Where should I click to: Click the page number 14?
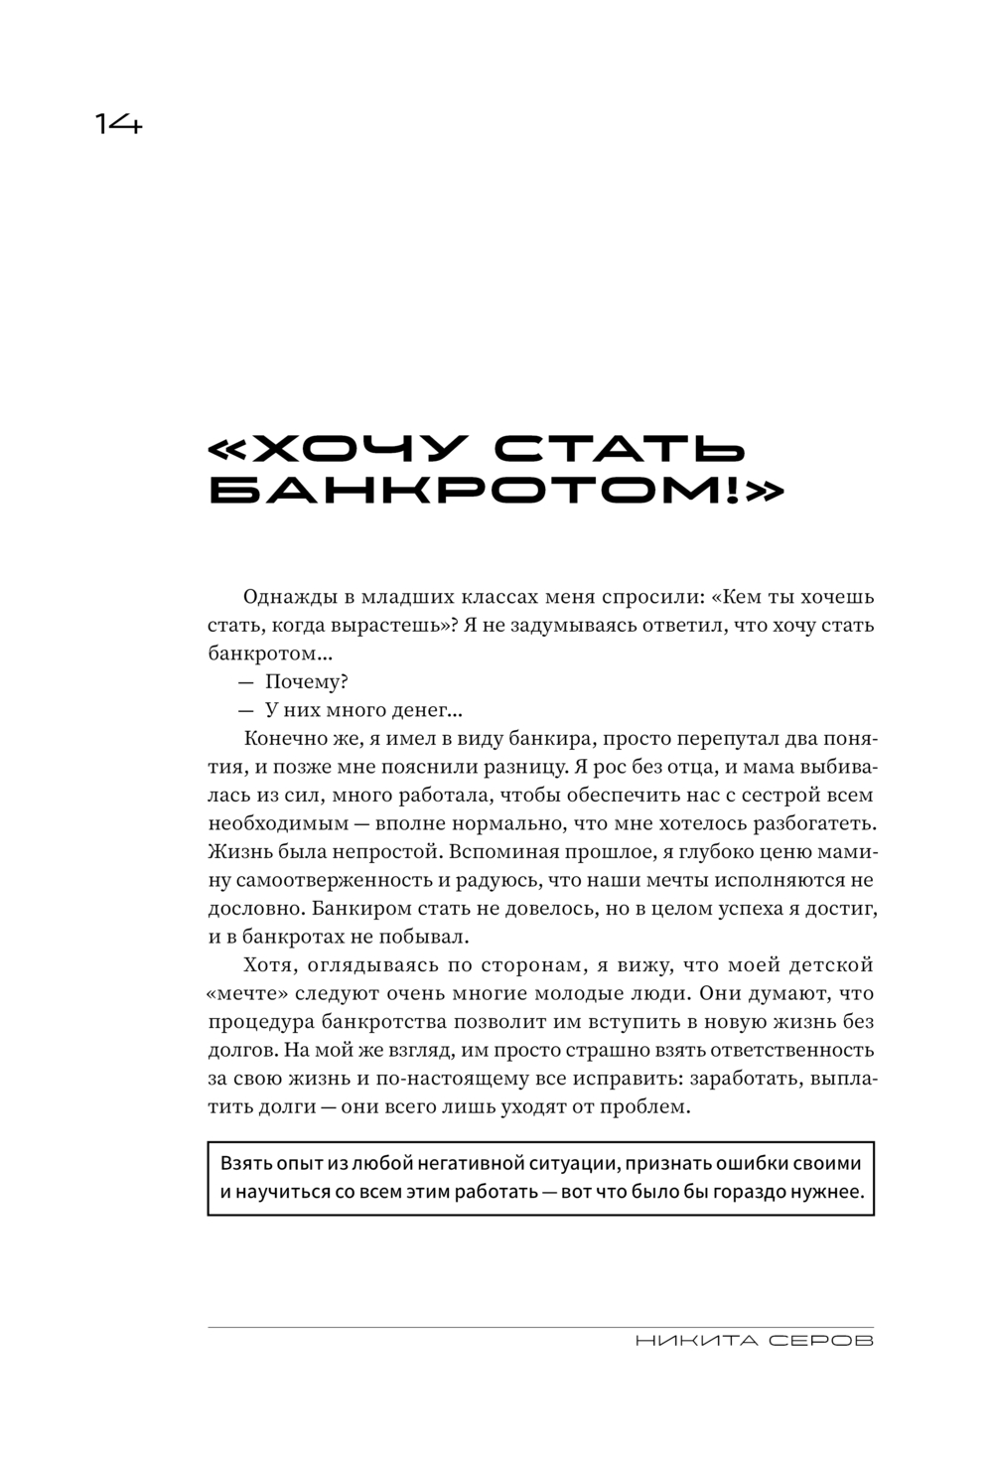click(x=119, y=124)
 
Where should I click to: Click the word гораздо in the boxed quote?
click(x=762, y=1192)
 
